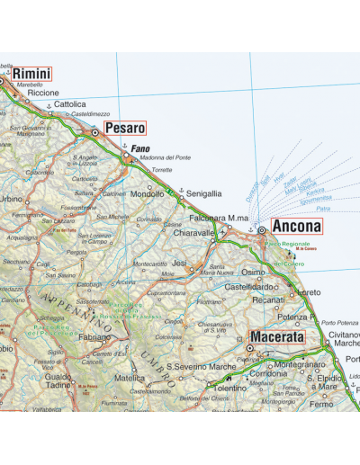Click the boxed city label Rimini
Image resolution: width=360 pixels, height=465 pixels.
click(x=31, y=74)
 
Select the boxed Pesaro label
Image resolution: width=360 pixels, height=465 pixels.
click(x=124, y=129)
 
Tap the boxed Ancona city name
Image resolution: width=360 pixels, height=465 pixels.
click(x=295, y=227)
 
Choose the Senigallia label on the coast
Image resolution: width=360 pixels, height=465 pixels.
click(x=203, y=193)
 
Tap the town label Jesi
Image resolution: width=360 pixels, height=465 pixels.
click(x=178, y=264)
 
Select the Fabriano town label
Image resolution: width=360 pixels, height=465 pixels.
click(x=92, y=337)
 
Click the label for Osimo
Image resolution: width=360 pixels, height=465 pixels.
click(x=253, y=272)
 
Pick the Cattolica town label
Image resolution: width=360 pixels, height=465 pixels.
click(x=69, y=104)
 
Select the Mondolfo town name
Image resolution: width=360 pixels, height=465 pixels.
click(x=147, y=193)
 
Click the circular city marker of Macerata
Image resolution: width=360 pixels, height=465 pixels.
click(x=249, y=348)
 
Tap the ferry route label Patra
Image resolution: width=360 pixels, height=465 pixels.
click(x=323, y=209)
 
